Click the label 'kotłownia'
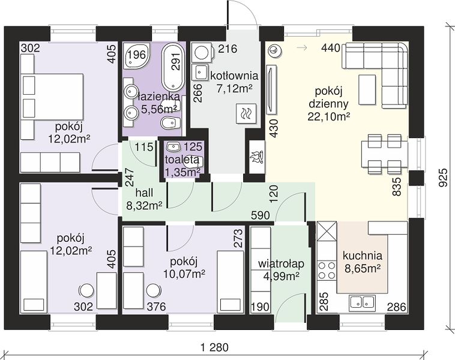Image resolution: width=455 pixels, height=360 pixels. coord(234,76)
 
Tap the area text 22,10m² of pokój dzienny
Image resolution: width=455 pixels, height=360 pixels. coord(328,116)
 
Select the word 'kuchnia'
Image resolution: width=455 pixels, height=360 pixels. coord(363,256)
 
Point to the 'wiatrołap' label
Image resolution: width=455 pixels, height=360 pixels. coord(281,263)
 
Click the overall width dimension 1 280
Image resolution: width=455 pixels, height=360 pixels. coord(215,347)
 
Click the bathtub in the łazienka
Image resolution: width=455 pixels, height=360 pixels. coord(173,67)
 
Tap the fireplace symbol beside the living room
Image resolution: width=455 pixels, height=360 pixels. coord(256,158)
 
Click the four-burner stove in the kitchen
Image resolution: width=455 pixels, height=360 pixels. coord(327,270)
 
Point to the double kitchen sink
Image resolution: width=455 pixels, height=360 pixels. coord(362,302)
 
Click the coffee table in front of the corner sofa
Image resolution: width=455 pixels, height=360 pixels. coord(367,89)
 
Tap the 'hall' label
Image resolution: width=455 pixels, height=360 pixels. coord(144,193)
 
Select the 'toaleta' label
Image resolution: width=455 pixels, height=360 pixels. coord(182,159)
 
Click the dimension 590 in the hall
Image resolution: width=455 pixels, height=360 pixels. coord(261,215)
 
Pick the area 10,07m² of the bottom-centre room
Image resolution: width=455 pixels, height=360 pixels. coord(184,274)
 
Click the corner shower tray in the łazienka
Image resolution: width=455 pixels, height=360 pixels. coord(136,55)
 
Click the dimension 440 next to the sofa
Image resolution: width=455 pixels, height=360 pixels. coord(331,48)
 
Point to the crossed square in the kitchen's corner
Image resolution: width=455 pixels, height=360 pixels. coord(327,231)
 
